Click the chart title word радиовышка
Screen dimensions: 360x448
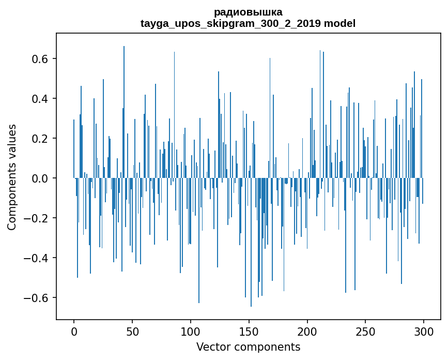[x=248, y=12]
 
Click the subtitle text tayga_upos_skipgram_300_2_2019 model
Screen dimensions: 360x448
[x=248, y=23]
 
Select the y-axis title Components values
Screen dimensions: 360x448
[x=12, y=177]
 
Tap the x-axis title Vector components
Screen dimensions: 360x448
[x=248, y=347]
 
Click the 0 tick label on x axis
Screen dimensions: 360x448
[x=74, y=331]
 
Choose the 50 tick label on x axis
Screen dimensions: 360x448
[x=132, y=331]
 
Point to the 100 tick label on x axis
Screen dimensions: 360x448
[x=191, y=331]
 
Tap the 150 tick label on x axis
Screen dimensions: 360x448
[x=249, y=331]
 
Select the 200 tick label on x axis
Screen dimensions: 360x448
[x=307, y=331]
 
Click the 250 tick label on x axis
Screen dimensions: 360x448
[x=366, y=331]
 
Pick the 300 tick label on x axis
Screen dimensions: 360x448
[x=424, y=331]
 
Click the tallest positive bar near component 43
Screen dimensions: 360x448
[x=124, y=103]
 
